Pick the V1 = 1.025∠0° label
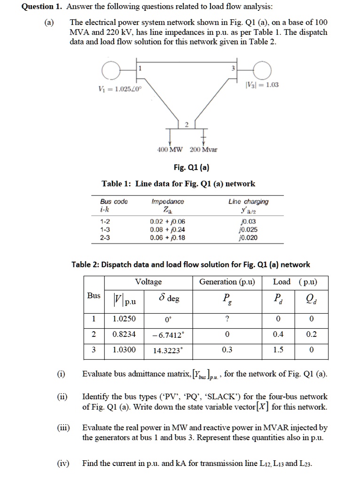click(117, 89)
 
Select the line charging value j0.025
click(248, 230)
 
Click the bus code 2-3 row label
click(106, 238)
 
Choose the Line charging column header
click(248, 202)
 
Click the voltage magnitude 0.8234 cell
click(125, 334)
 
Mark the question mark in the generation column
click(227, 319)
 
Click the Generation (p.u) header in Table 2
click(227, 282)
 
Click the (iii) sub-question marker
click(62, 428)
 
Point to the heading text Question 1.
click(42, 7)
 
